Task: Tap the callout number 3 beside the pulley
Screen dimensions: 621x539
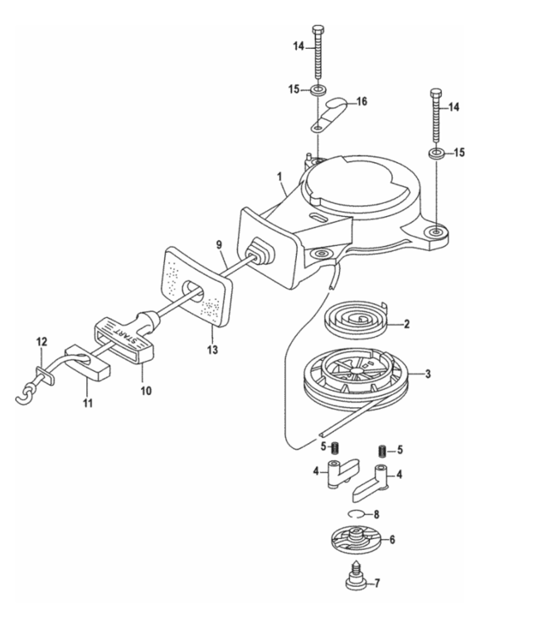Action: pos(427,375)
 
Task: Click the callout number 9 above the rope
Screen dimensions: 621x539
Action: pos(220,245)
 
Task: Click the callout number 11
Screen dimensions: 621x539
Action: pos(87,403)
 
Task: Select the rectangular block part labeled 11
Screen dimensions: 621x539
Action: pos(90,365)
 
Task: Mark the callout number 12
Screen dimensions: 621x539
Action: pos(41,340)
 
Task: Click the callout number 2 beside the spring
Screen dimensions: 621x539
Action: pos(407,324)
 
